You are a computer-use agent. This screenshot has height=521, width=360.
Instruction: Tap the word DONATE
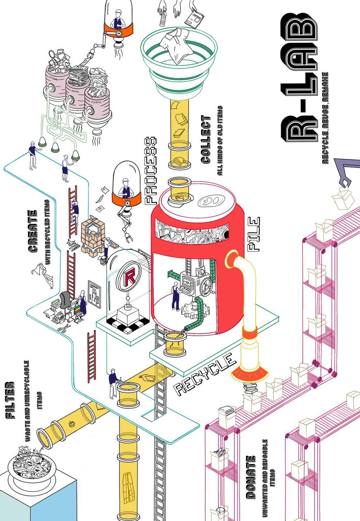coord(250,477)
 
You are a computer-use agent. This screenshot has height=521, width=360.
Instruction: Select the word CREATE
coord(32,231)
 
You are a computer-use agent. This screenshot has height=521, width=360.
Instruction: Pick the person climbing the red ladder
coord(75,211)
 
